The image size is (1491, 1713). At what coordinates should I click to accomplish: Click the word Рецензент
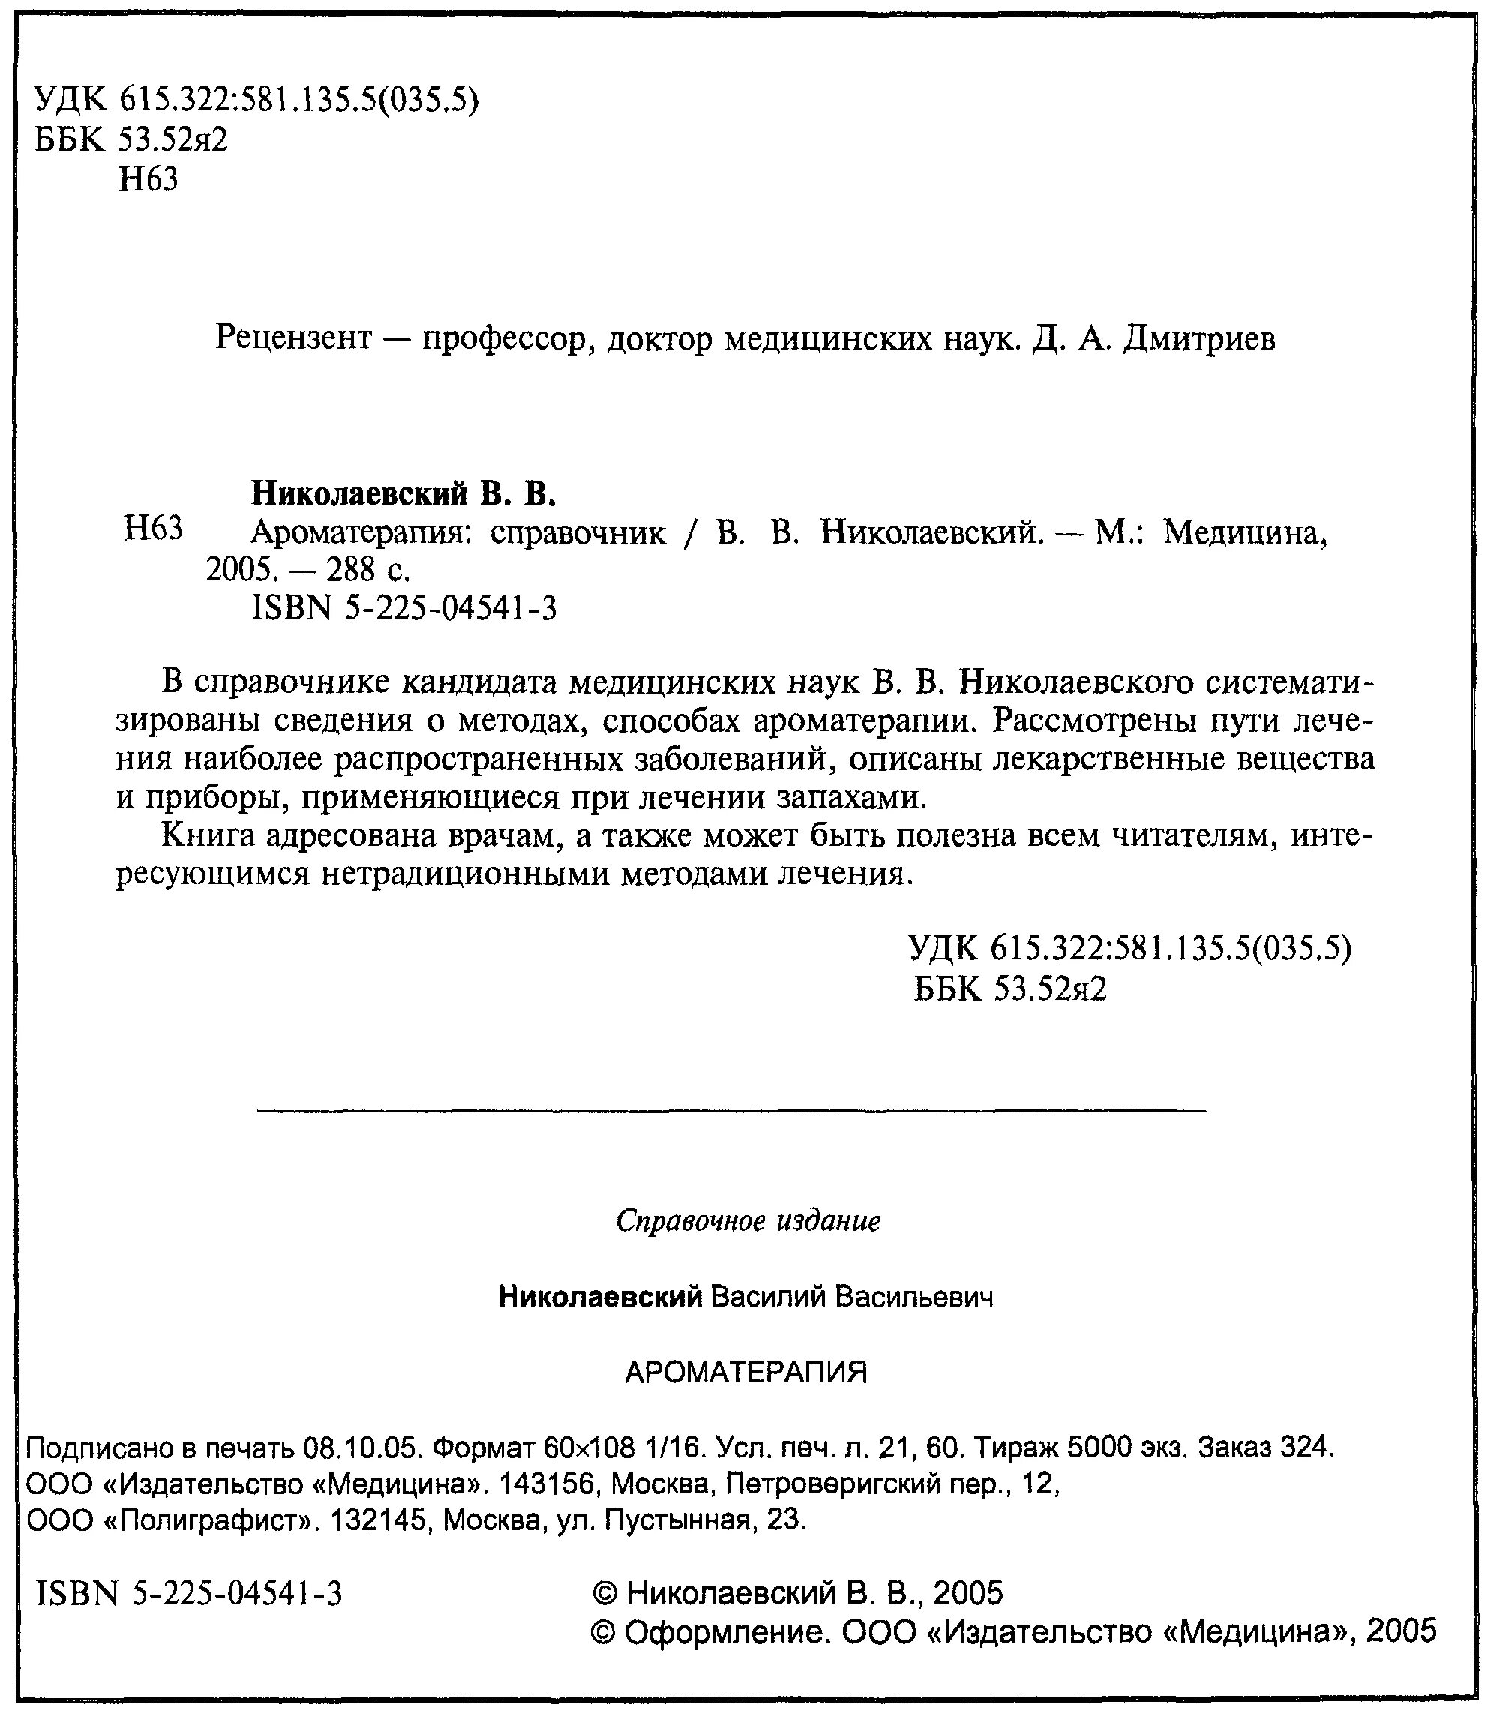(292, 338)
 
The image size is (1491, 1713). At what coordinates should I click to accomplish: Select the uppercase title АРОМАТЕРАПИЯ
(745, 1372)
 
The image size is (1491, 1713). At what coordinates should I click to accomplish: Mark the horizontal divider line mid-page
(731, 1110)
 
